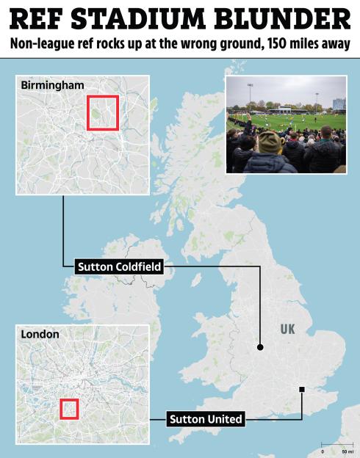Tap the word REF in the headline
(x=40, y=18)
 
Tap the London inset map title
(x=40, y=334)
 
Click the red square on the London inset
(x=68, y=409)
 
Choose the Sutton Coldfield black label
(x=118, y=268)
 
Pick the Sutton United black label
(x=206, y=419)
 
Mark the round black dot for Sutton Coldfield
(x=259, y=346)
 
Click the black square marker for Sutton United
(x=301, y=389)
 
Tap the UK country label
(x=287, y=330)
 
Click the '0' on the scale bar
(x=323, y=451)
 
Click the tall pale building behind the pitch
(x=339, y=103)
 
